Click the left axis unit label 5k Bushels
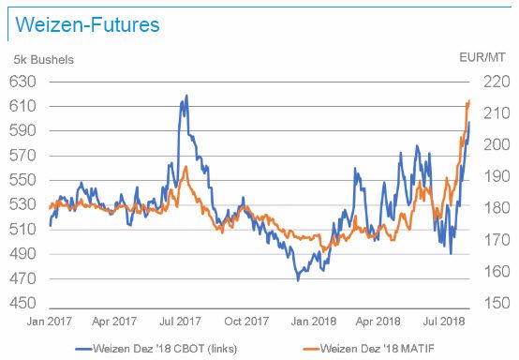pyautogui.click(x=43, y=60)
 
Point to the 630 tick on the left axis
pyautogui.click(x=24, y=82)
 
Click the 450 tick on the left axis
pyautogui.click(x=24, y=304)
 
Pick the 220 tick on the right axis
pyautogui.click(x=495, y=82)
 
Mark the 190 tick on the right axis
pyautogui.click(x=495, y=176)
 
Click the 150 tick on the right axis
pyautogui.click(x=495, y=304)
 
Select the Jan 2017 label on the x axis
pyautogui.click(x=48, y=321)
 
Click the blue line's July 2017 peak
pyautogui.click(x=186, y=96)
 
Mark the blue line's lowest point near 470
pyautogui.click(x=298, y=279)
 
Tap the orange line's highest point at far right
pyautogui.click(x=467, y=101)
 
